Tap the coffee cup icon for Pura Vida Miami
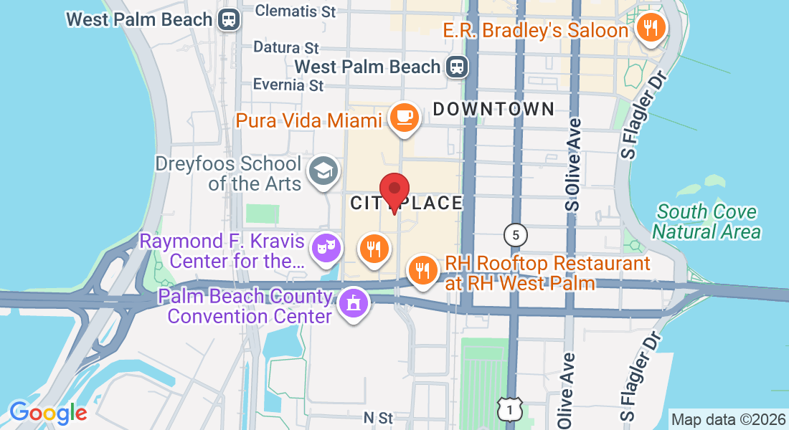point(404,116)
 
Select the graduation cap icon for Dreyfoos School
point(323,171)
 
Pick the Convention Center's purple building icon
point(352,302)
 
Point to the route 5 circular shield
point(515,234)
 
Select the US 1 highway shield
point(508,409)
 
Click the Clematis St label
point(296,11)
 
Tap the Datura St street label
point(286,48)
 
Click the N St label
point(378,417)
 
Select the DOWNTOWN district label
point(494,109)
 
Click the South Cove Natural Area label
point(707,221)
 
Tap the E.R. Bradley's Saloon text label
point(536,30)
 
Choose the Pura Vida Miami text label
point(309,120)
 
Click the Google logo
point(48,413)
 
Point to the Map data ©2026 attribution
point(728,419)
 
